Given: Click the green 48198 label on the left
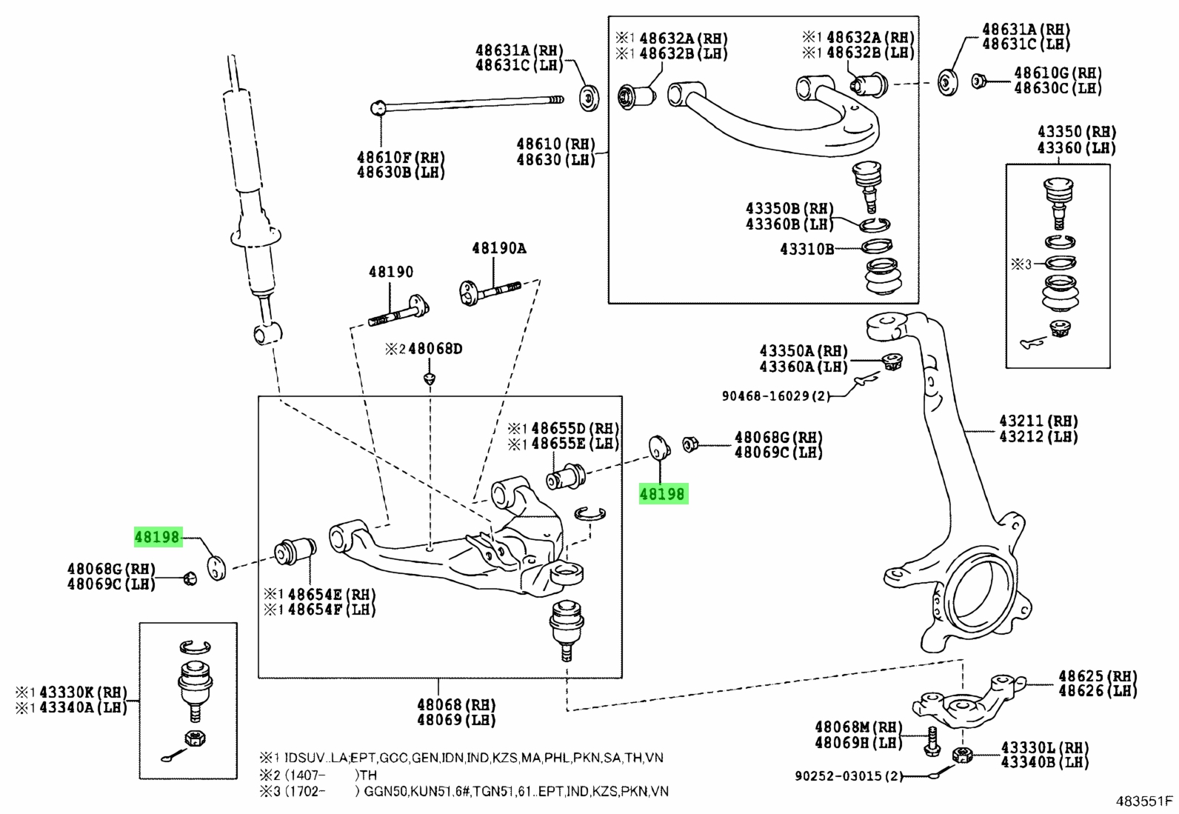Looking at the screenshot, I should [x=157, y=536].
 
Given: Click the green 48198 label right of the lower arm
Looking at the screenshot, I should [x=663, y=493].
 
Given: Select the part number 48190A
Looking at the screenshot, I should [x=498, y=248].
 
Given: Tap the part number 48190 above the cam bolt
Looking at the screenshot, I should [x=390, y=273].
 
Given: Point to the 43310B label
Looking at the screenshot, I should [x=806, y=249].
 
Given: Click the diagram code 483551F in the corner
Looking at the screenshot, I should [x=1144, y=801].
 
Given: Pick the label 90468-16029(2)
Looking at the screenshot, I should [x=775, y=396].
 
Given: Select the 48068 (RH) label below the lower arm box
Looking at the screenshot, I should [x=455, y=704].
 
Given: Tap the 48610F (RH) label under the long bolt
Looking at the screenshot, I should [x=401, y=157].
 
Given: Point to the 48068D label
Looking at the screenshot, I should [x=435, y=348].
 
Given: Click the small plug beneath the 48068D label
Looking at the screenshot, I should [x=430, y=379].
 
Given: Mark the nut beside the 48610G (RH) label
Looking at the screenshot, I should [x=979, y=81].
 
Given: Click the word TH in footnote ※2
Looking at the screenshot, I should [x=368, y=775].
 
